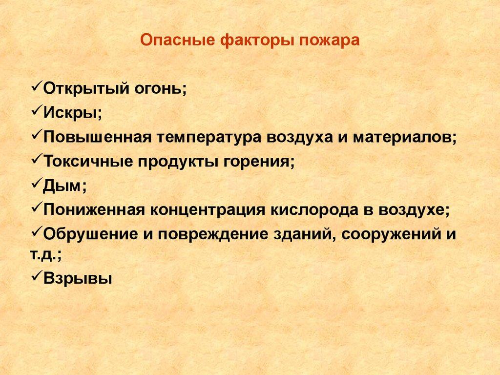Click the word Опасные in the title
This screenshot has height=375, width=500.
tap(177, 41)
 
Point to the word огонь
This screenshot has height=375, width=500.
tap(158, 89)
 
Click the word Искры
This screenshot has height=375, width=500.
tap(70, 113)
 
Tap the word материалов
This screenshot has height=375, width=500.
tap(402, 138)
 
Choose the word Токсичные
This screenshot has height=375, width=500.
tap(88, 161)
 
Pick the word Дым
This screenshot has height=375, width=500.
tap(61, 186)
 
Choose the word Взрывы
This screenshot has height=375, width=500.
tap(78, 278)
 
